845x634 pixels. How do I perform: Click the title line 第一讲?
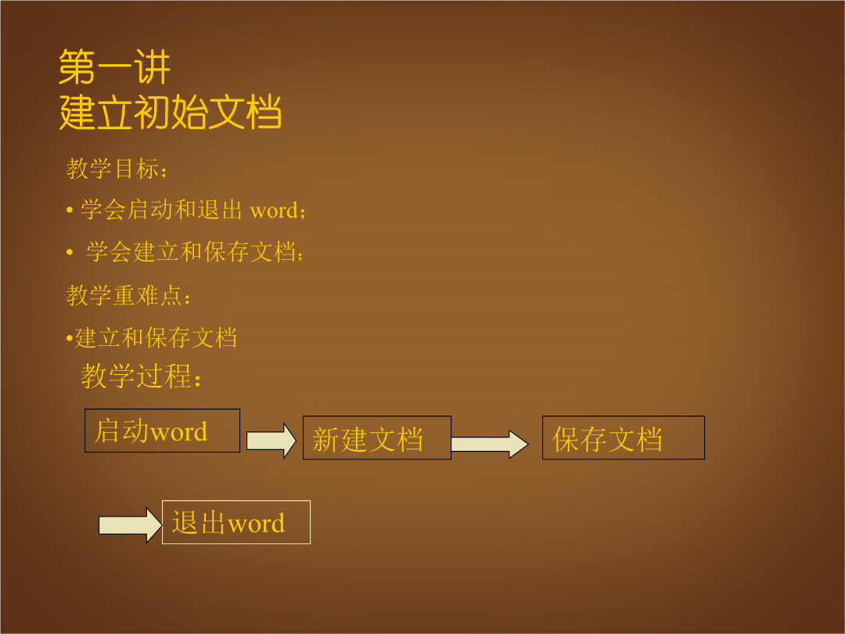point(114,67)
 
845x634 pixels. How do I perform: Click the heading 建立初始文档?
point(171,112)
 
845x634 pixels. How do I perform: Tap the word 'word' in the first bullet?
point(274,211)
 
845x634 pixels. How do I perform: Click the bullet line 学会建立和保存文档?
point(194,252)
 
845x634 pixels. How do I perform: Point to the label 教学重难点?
point(128,295)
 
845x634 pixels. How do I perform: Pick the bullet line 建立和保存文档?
point(156,338)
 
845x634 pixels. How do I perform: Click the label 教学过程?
point(141,376)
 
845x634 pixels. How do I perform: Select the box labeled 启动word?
point(162,430)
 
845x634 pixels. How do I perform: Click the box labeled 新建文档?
point(376,438)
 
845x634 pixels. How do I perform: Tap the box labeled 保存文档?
point(624,438)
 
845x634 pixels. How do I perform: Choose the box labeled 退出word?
point(236,522)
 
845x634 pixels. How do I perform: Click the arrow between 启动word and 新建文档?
point(271,441)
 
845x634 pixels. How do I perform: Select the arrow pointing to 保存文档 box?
point(490,445)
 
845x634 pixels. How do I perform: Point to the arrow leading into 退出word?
point(131,525)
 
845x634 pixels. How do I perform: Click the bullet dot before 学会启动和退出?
point(70,210)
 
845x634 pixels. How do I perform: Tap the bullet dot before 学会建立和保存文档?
point(70,252)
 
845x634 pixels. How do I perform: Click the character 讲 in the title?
point(153,67)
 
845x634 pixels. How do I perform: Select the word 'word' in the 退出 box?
point(256,524)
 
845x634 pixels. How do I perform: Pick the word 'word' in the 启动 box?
point(178,432)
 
